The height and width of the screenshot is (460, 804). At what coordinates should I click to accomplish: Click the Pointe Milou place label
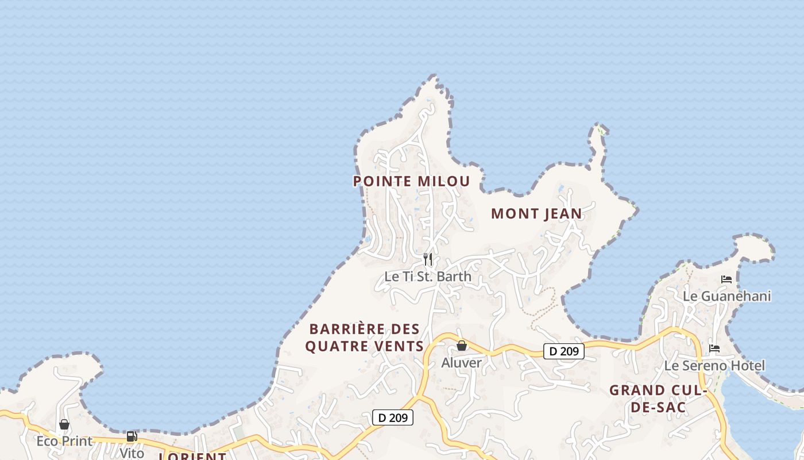click(x=411, y=181)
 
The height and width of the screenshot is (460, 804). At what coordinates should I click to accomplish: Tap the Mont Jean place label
click(x=536, y=213)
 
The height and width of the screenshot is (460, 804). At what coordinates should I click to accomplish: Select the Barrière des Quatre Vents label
click(x=365, y=338)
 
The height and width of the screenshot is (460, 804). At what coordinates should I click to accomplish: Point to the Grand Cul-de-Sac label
click(x=657, y=398)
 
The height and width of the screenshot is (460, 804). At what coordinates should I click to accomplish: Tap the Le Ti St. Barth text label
click(x=428, y=276)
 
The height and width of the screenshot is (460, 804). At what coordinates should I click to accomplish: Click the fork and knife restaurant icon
click(x=427, y=259)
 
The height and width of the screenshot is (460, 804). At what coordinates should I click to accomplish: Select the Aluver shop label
click(x=461, y=363)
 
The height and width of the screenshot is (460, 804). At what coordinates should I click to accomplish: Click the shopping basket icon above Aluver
click(x=461, y=346)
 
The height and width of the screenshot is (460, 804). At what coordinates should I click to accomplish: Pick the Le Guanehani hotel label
click(x=726, y=296)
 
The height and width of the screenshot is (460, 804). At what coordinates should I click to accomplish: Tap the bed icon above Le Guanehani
click(x=726, y=279)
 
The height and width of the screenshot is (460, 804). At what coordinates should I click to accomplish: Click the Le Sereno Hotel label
click(x=714, y=366)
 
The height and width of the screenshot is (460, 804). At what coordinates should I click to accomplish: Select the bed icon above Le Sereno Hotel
click(x=714, y=348)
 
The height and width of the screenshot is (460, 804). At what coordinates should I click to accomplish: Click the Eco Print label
click(x=64, y=441)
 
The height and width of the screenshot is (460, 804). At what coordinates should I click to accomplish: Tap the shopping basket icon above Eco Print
click(x=64, y=424)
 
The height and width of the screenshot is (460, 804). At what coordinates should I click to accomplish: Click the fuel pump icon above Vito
click(x=132, y=437)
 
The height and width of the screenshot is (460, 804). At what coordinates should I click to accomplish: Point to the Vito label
click(x=132, y=453)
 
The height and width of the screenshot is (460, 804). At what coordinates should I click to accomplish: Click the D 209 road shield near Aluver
click(x=563, y=351)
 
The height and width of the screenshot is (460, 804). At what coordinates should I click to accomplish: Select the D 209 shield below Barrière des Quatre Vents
click(x=393, y=417)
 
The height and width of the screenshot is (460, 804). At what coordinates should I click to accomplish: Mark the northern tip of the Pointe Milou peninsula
click(x=434, y=76)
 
